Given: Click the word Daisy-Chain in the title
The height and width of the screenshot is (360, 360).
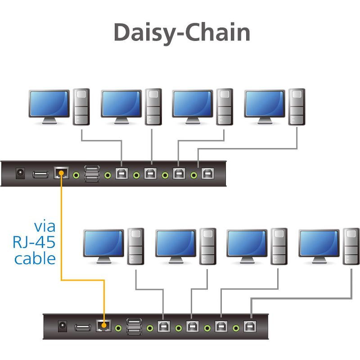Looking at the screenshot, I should (181, 32).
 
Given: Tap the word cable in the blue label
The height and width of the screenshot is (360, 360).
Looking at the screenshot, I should (35, 259).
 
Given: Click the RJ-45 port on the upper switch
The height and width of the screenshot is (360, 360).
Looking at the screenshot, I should (61, 173).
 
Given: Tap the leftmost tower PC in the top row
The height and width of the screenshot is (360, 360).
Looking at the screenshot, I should (81, 107).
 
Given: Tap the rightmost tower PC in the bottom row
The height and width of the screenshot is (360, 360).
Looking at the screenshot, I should (351, 246).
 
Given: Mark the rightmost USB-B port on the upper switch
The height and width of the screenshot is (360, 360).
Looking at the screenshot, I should (208, 173).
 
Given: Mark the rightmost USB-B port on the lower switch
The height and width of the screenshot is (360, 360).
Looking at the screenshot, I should (249, 326).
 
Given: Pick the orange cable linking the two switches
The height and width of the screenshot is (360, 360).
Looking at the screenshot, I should (61, 234).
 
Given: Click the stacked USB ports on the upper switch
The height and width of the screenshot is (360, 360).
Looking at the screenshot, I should (92, 173).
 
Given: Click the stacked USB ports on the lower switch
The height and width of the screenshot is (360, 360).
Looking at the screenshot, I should (134, 326).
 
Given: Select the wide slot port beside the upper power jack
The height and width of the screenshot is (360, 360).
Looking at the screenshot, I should (40, 174).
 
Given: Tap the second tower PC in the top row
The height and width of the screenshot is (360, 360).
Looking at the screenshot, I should (153, 107).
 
